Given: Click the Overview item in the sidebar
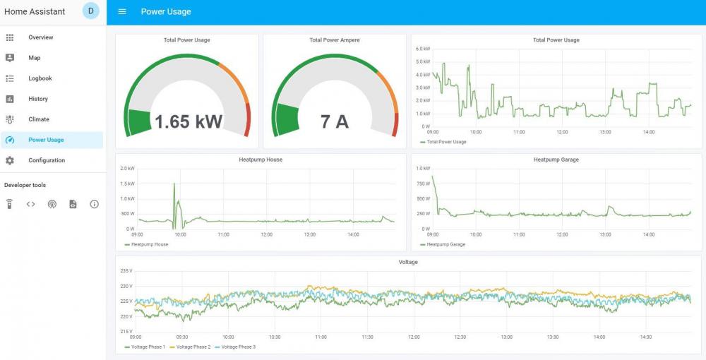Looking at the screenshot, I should (40, 37).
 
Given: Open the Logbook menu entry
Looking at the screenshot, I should (40, 78).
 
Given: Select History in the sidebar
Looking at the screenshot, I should (38, 99).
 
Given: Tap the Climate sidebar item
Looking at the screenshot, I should (39, 119).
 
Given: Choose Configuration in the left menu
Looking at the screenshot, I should (47, 160).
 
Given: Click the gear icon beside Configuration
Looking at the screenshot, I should (10, 160).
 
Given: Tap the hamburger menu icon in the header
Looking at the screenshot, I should (122, 12).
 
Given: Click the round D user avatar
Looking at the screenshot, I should (90, 11).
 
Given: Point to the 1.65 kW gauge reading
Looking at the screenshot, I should (188, 121).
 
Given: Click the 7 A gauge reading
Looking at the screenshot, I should (335, 121).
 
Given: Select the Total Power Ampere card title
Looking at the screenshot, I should (335, 40).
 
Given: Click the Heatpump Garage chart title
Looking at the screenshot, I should (556, 160).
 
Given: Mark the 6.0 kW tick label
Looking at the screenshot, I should (423, 49).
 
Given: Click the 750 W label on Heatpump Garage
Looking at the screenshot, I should (424, 184).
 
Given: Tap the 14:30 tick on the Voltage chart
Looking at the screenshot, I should (645, 337).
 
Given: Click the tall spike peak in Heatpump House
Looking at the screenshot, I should (174, 184).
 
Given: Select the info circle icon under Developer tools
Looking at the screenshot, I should (94, 205).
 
